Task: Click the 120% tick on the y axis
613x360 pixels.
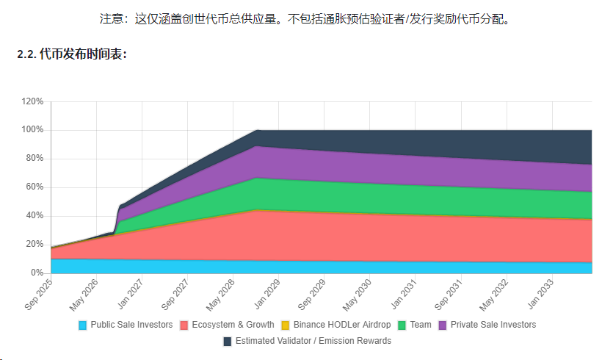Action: coord(32,101)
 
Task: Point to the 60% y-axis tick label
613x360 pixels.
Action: coord(35,187)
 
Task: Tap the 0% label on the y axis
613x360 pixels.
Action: coord(37,273)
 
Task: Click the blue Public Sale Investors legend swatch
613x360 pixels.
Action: coord(83,325)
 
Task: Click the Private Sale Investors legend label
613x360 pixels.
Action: coord(493,325)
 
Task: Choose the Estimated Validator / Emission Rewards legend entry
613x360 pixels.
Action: coord(313,341)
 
